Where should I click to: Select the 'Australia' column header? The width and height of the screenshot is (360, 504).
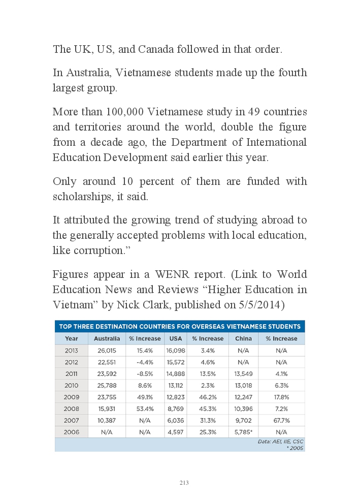(x=107, y=338)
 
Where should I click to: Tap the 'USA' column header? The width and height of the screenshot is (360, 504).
(x=176, y=338)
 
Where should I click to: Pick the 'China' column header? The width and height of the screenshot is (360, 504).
(x=243, y=338)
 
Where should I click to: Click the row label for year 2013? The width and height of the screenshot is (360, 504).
(x=72, y=351)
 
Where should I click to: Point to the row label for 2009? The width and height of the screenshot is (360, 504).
(x=72, y=397)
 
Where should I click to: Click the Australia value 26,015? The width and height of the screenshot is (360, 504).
(x=107, y=351)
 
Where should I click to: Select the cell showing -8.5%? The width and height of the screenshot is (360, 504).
(x=145, y=374)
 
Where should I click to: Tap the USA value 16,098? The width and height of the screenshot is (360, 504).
(x=176, y=351)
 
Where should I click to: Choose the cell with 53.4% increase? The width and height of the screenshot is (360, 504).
(x=145, y=409)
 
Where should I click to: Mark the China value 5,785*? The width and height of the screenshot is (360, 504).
(x=244, y=432)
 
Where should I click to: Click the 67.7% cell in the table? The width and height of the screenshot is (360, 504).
(x=281, y=421)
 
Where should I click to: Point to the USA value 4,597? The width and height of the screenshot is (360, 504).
(x=176, y=432)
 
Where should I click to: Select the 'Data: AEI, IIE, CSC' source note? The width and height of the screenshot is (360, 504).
(x=280, y=442)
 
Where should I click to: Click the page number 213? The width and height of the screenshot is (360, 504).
(x=184, y=483)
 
